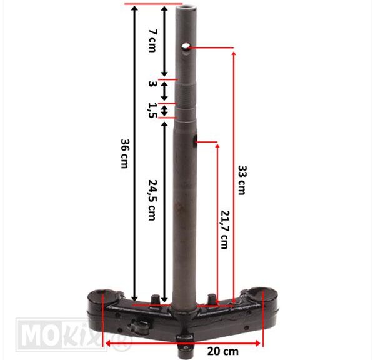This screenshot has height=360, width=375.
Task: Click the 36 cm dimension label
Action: tap(124, 154)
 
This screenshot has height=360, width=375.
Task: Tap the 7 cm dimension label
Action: tap(152, 41)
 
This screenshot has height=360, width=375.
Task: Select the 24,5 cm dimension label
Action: tap(152, 200)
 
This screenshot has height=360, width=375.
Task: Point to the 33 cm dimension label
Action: tap(242, 180)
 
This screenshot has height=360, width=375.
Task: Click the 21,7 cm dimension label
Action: tap(224, 229)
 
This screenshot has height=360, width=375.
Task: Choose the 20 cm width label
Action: tap(223, 351)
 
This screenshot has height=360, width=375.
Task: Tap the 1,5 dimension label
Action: tap(152, 111)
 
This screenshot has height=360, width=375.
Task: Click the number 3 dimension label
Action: tap(152, 84)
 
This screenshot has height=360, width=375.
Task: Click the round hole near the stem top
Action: tap(186, 46)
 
